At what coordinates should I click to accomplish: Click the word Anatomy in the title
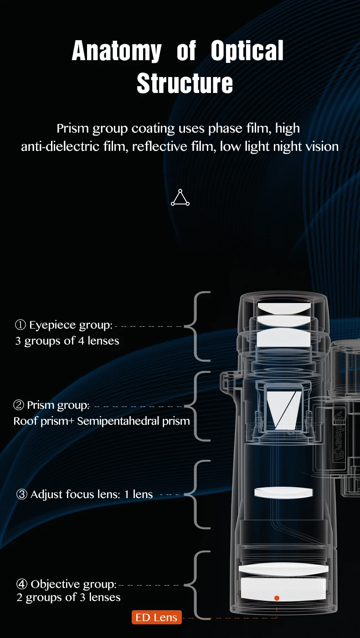117,51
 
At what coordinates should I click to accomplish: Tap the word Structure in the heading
185,83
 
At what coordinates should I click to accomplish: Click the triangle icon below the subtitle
180,197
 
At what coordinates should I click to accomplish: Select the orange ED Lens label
156,617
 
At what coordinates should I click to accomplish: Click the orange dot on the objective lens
277,598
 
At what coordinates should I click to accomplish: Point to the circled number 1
20,324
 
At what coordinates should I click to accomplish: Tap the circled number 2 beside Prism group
19,405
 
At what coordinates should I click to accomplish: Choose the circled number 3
22,494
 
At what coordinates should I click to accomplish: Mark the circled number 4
22,584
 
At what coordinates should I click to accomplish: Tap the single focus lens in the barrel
283,493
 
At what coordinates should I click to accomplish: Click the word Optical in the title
247,51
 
